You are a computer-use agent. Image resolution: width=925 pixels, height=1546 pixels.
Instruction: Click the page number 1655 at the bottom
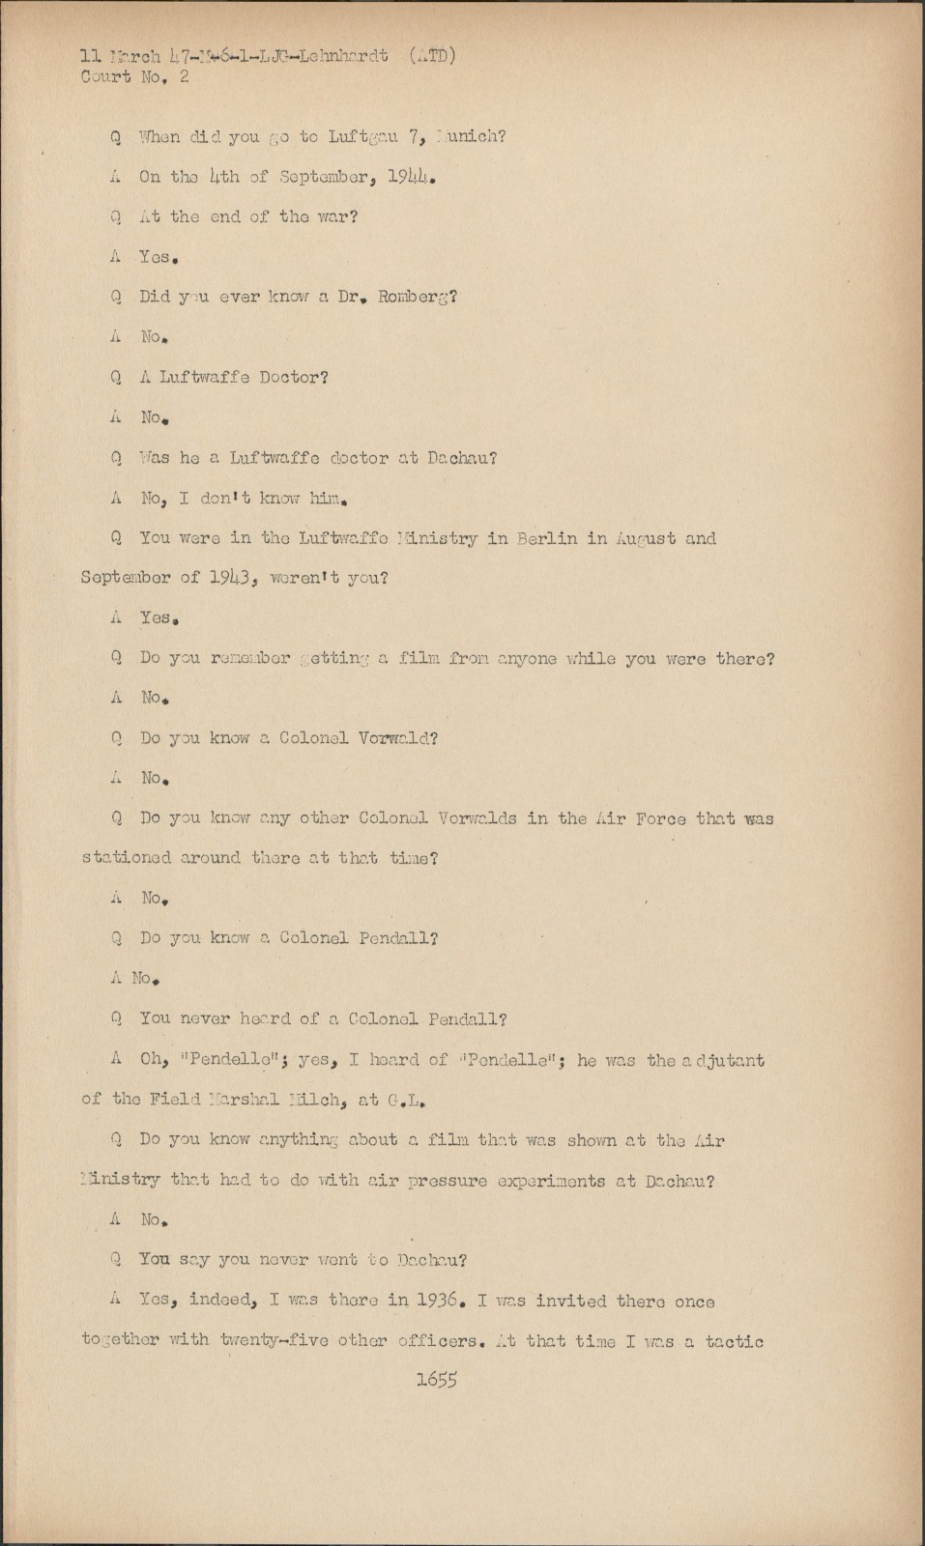point(436,1380)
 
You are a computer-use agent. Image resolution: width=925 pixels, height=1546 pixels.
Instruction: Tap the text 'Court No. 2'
point(135,77)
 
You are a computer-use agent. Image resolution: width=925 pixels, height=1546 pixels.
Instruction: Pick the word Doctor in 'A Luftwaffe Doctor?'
point(293,377)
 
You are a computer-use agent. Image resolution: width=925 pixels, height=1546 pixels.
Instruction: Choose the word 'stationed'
point(127,858)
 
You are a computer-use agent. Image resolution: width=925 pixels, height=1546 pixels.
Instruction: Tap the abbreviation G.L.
point(407,1100)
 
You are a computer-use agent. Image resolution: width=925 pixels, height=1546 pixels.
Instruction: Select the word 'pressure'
point(445,1181)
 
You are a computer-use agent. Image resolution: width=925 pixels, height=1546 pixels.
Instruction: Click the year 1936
point(444,1301)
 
